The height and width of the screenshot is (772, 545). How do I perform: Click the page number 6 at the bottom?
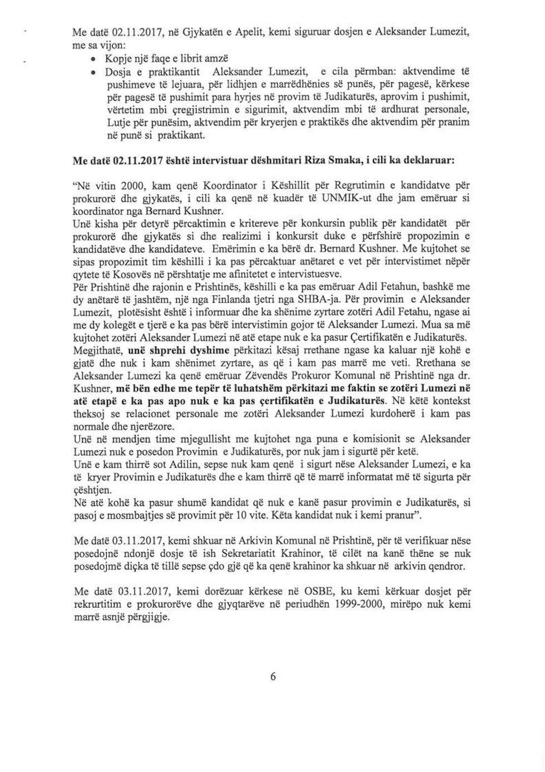[272, 677]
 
